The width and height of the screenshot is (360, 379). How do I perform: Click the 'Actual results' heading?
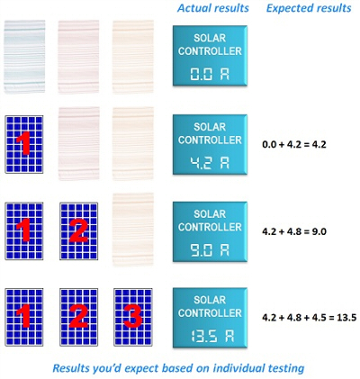(213, 8)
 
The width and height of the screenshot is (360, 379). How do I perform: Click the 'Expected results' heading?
(309, 8)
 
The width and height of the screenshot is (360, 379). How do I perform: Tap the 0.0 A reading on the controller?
(210, 74)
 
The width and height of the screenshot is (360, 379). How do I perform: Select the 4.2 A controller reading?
(210, 163)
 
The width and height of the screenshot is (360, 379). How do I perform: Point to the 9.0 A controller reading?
(210, 249)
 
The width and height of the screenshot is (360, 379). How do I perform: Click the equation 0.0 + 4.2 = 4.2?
(294, 145)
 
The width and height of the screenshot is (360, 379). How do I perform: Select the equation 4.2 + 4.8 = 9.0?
(294, 231)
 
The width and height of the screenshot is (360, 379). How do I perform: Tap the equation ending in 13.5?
(310, 318)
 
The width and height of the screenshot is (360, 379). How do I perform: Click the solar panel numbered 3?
(133, 317)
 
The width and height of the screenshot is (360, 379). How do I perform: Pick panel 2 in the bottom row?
(78, 317)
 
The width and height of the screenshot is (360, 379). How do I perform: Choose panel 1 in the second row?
(24, 144)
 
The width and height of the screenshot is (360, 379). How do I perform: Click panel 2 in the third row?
(78, 231)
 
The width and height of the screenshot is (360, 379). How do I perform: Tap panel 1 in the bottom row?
(24, 317)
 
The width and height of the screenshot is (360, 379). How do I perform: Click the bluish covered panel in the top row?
(24, 57)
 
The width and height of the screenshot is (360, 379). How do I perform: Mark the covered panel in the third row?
(133, 230)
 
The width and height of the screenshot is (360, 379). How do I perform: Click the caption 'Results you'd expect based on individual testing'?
(178, 368)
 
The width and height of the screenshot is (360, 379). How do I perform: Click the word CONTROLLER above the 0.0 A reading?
(210, 51)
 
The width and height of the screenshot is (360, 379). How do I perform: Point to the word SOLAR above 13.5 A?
(210, 300)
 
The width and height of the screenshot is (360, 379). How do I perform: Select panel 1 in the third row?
(24, 231)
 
